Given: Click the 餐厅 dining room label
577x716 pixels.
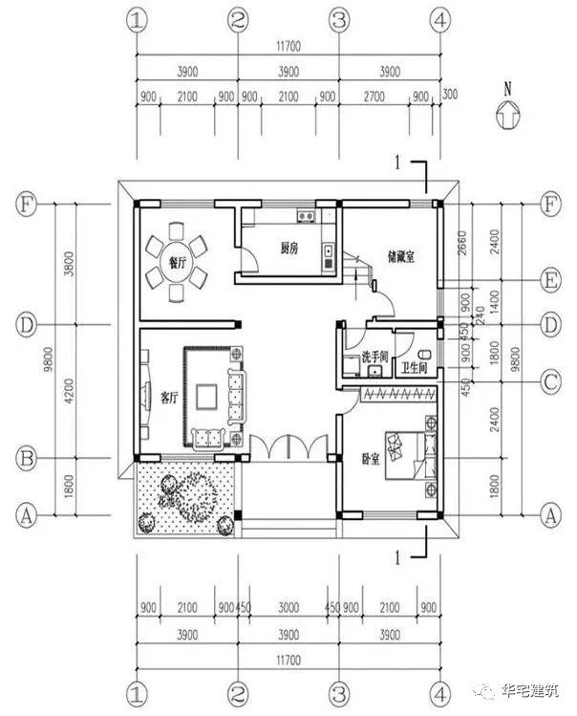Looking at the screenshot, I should (x=177, y=263).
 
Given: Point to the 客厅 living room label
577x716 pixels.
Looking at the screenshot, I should (x=168, y=397).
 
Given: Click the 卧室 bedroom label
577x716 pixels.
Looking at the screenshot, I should (x=373, y=458).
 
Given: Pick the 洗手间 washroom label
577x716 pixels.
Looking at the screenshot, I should (x=373, y=357).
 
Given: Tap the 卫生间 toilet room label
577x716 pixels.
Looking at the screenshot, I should (x=415, y=367).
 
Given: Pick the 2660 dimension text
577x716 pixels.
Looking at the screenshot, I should (x=461, y=241).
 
